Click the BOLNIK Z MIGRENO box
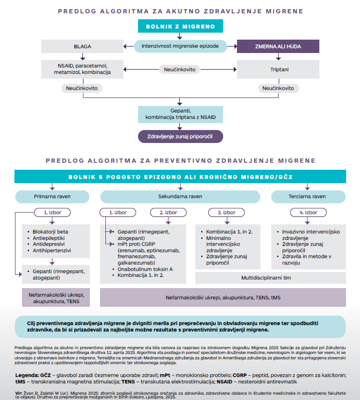point(180,26)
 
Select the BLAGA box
point(82,47)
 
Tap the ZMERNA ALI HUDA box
point(278,47)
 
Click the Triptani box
point(278,70)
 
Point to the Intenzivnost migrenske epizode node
point(180,46)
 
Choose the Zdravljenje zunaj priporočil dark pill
point(180,137)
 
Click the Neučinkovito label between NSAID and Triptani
point(180,70)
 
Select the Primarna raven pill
point(52,197)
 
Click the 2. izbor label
point(168,213)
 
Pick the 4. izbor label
point(308,213)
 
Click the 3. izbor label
point(226,213)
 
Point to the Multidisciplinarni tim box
point(271,278)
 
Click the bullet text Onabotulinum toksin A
point(145,269)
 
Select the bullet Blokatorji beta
point(50,232)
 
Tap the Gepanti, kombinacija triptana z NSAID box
point(180,114)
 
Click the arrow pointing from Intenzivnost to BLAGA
point(129,47)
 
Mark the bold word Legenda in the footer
point(27,375)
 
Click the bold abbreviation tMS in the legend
point(20,382)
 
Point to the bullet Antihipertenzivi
point(52,251)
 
